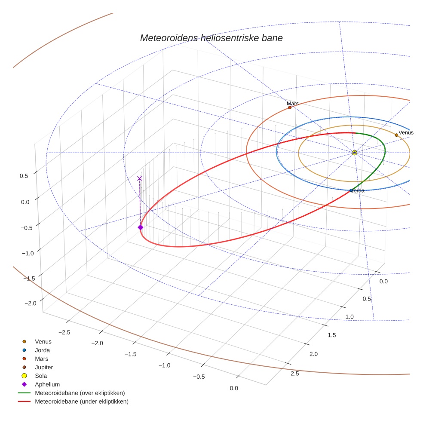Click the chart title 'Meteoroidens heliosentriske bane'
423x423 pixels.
(x=211, y=38)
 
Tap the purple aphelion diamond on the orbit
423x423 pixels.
(x=140, y=227)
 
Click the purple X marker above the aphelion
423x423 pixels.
(x=139, y=178)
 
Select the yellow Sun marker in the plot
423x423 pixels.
(x=354, y=153)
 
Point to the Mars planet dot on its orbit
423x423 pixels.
(x=290, y=107)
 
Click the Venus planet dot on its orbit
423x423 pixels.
(x=396, y=135)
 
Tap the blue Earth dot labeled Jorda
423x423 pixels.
(x=351, y=190)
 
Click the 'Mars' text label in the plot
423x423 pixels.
(x=293, y=104)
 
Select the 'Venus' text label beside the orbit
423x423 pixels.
(x=406, y=132)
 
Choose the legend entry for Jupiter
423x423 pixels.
(x=43, y=367)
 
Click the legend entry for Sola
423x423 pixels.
(x=41, y=376)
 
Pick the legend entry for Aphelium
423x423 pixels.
(x=47, y=384)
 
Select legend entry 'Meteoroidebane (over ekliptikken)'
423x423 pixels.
(x=80, y=393)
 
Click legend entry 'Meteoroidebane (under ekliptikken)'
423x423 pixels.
(x=81, y=402)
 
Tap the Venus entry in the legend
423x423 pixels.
(x=43, y=342)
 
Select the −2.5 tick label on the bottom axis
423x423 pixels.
(x=64, y=332)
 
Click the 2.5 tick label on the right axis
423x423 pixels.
(x=295, y=374)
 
